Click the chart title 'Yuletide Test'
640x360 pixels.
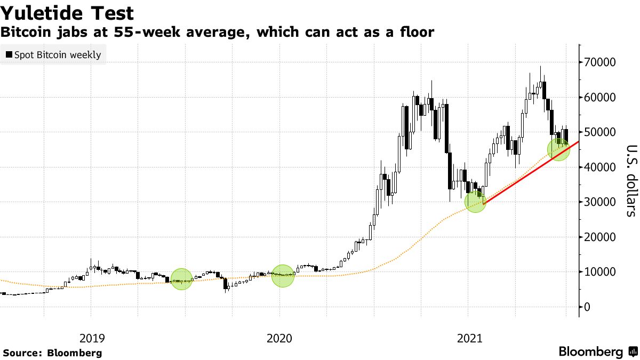pos(67,13)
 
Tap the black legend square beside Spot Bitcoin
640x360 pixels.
pos(9,55)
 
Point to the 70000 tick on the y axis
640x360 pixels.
pos(602,62)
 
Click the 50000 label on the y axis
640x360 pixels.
pos(602,132)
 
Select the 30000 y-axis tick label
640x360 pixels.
pos(602,202)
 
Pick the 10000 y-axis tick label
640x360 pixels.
pos(602,272)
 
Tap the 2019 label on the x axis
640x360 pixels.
pos(92,338)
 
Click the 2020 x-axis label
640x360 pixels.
pos(279,338)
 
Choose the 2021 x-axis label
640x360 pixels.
pos(469,338)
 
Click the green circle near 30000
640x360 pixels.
pos(475,201)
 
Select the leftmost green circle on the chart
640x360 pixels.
pos(181,279)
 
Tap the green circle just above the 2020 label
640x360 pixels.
pos(282,275)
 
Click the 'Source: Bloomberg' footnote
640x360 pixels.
pos(52,353)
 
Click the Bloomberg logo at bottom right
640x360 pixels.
pos(597,352)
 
